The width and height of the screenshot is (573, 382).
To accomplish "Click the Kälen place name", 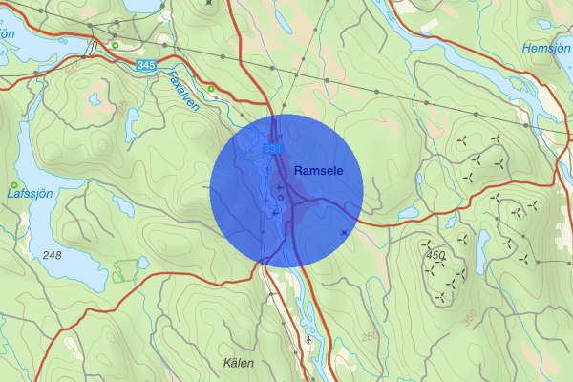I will (243, 363).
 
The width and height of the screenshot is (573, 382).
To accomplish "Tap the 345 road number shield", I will (145, 64).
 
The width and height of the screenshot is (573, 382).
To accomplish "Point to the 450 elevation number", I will (436, 255).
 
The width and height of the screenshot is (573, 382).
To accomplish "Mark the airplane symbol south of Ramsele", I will (309, 339).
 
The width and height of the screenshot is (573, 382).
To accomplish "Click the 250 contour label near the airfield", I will (370, 336).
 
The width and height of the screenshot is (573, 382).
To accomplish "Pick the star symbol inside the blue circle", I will (344, 232).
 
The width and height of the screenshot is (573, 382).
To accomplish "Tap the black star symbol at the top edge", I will (209, 3).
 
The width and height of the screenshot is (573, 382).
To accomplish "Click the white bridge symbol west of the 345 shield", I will (93, 49).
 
